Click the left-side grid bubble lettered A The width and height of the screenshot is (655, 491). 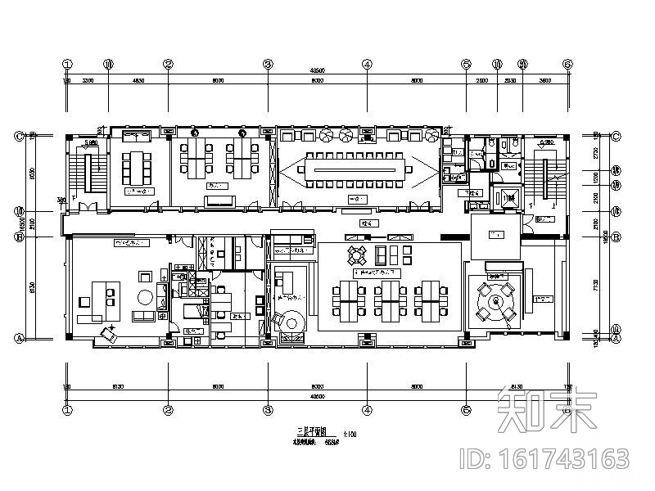(18, 337)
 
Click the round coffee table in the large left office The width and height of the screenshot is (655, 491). (145, 297)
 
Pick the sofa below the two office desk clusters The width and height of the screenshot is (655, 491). (218, 200)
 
